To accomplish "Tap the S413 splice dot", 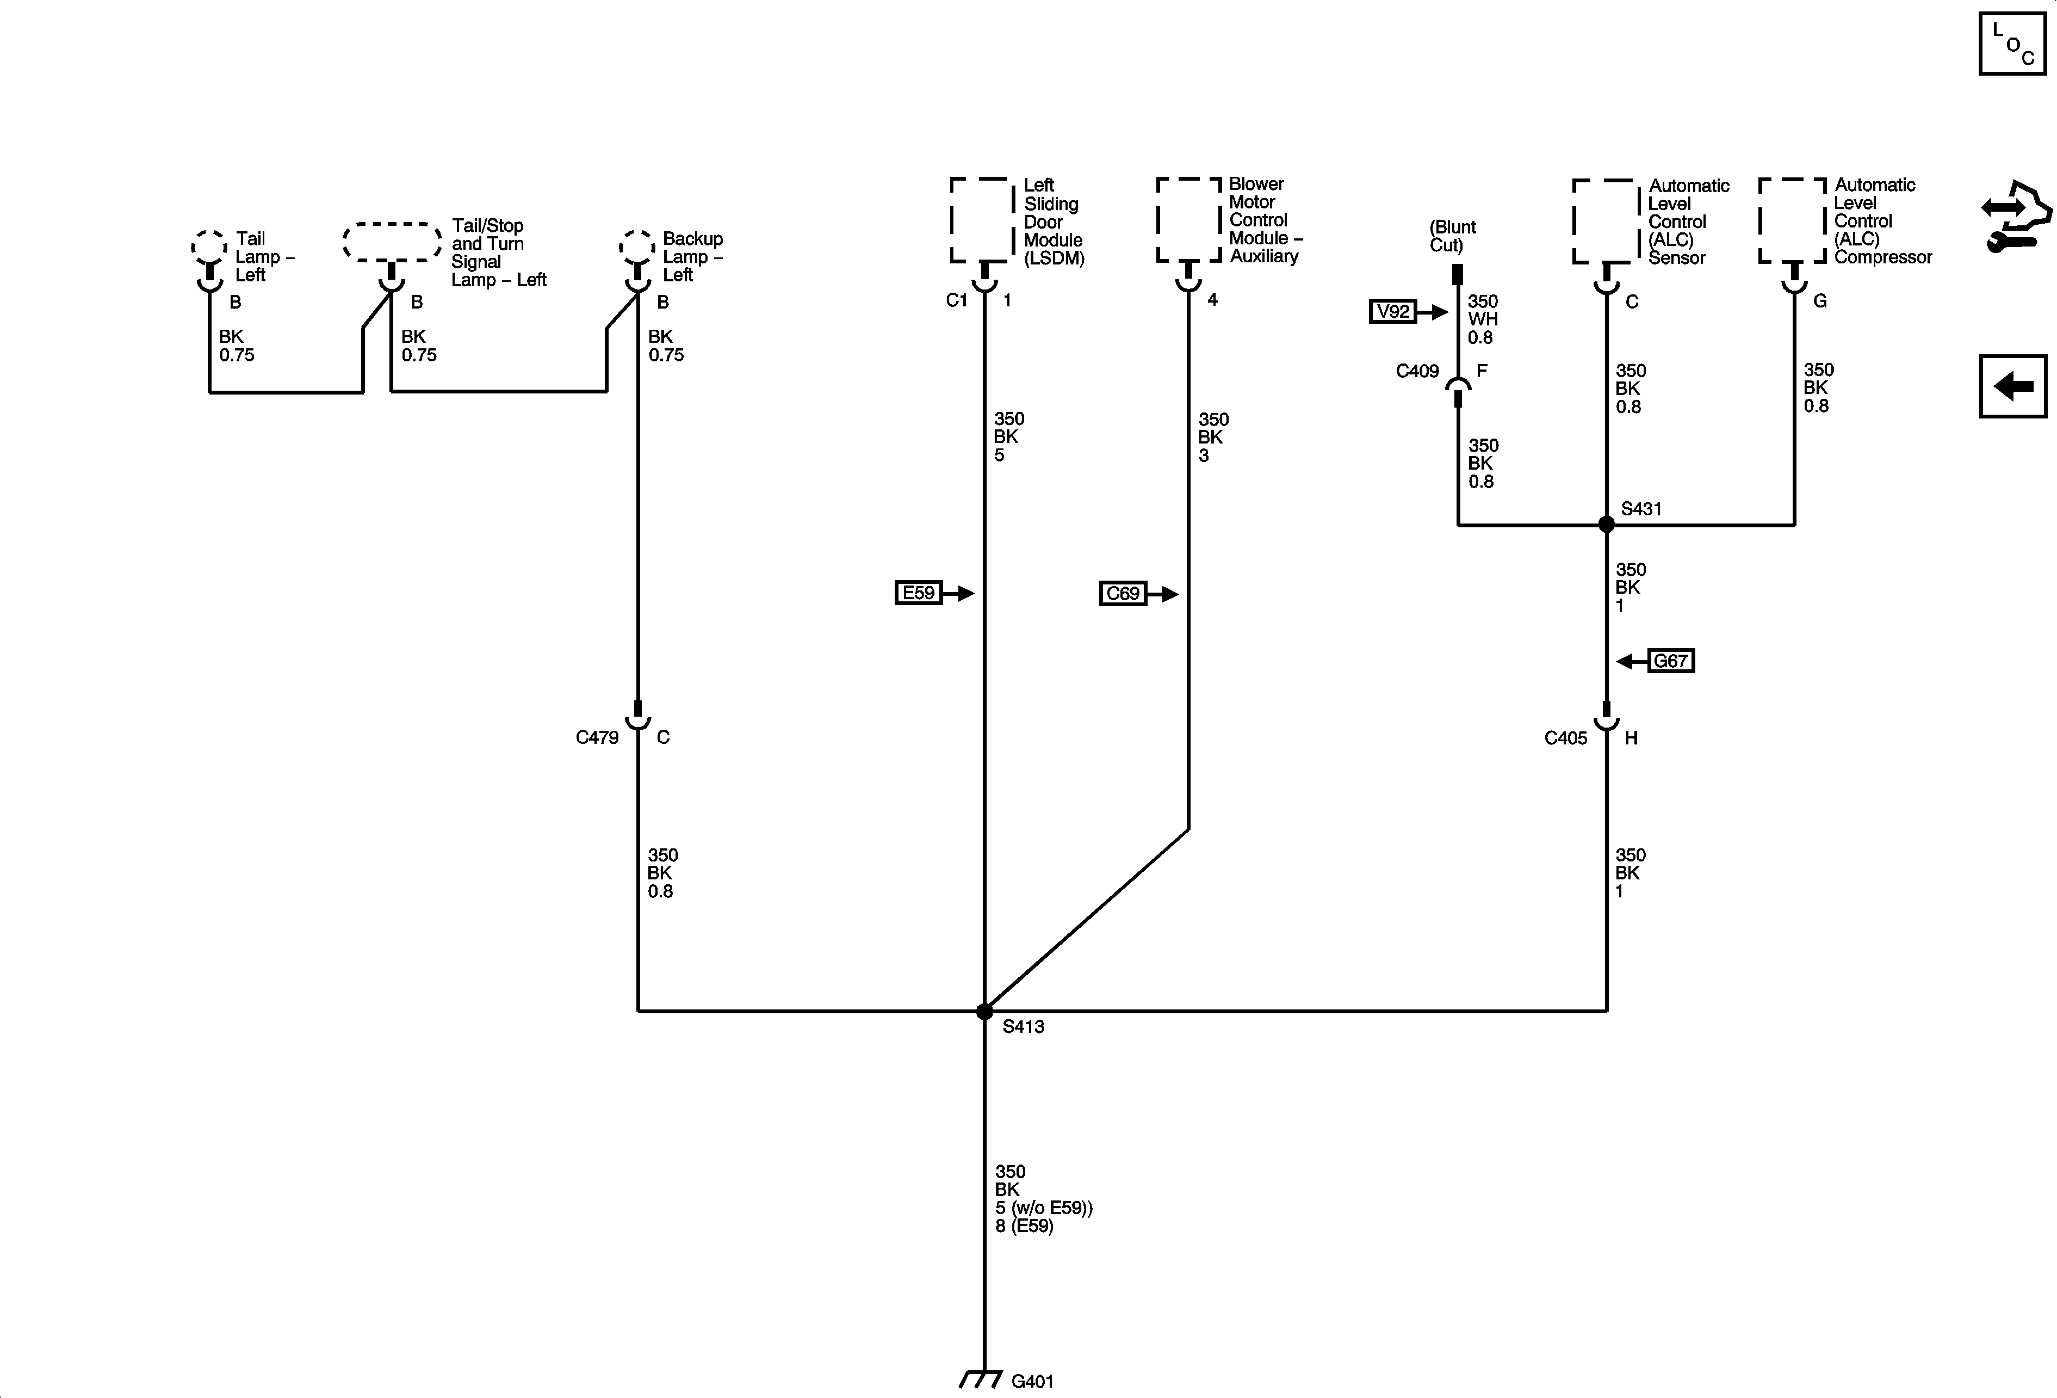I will (984, 1011).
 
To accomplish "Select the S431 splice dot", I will (1607, 524).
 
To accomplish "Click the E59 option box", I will (919, 592).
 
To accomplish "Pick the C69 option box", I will (1123, 593).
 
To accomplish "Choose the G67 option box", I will (1670, 661).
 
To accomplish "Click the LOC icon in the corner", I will (2012, 44).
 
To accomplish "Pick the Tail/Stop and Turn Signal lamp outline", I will (392, 242).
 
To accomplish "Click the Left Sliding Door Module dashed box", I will (982, 219).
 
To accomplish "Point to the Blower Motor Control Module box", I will (1189, 219).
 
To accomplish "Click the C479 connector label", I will (597, 737).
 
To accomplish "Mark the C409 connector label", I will (1417, 371).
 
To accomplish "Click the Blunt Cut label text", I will (1453, 236).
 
